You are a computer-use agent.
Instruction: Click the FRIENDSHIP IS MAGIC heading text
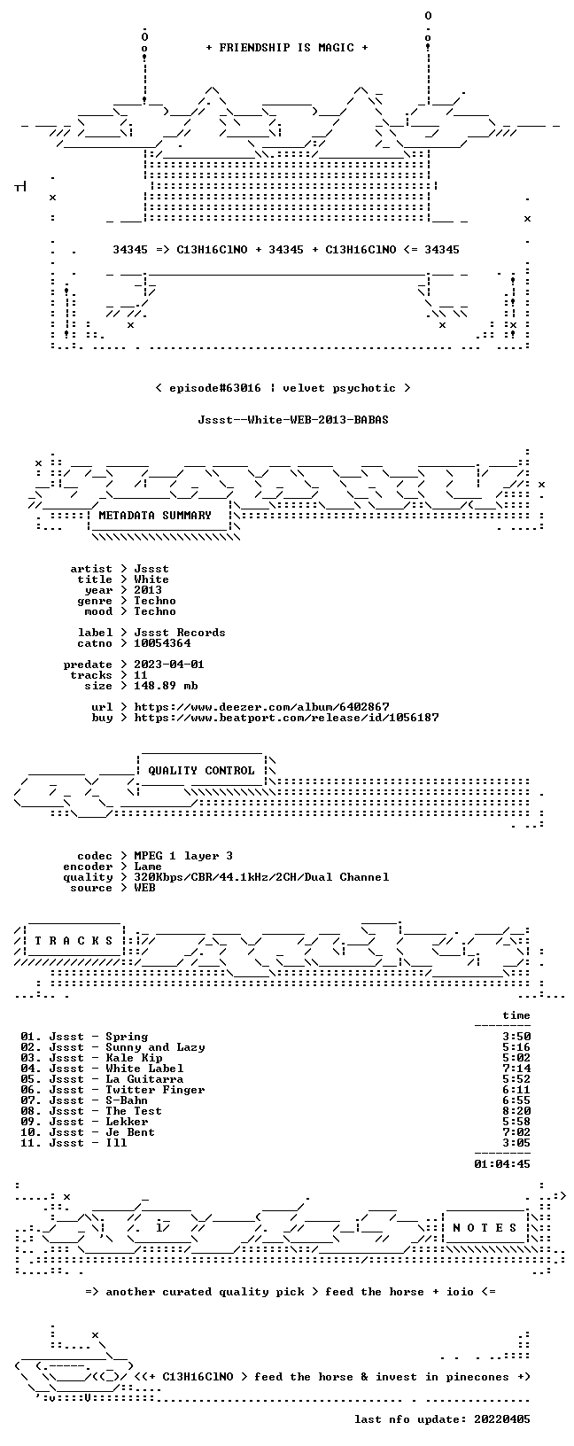pos(287,48)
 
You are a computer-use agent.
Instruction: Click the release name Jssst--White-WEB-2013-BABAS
pos(293,420)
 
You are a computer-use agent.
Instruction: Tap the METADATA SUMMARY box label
pos(155,515)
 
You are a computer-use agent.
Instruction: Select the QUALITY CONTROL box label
pos(201,770)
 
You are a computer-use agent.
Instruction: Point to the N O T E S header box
pos(485,1227)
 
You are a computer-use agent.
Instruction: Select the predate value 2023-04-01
pos(169,665)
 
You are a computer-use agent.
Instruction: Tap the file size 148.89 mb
pos(166,686)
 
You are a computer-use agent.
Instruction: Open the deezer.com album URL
pos(261,707)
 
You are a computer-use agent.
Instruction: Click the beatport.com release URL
pos(286,717)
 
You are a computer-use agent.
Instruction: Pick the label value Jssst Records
pos(180,633)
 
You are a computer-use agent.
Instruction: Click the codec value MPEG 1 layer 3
pos(183,856)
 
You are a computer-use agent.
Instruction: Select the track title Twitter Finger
pos(155,1090)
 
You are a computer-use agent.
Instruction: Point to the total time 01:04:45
pos(502,1164)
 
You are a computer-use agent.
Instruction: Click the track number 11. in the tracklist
pos(31,1143)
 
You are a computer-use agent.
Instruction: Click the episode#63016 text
pos(215,388)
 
